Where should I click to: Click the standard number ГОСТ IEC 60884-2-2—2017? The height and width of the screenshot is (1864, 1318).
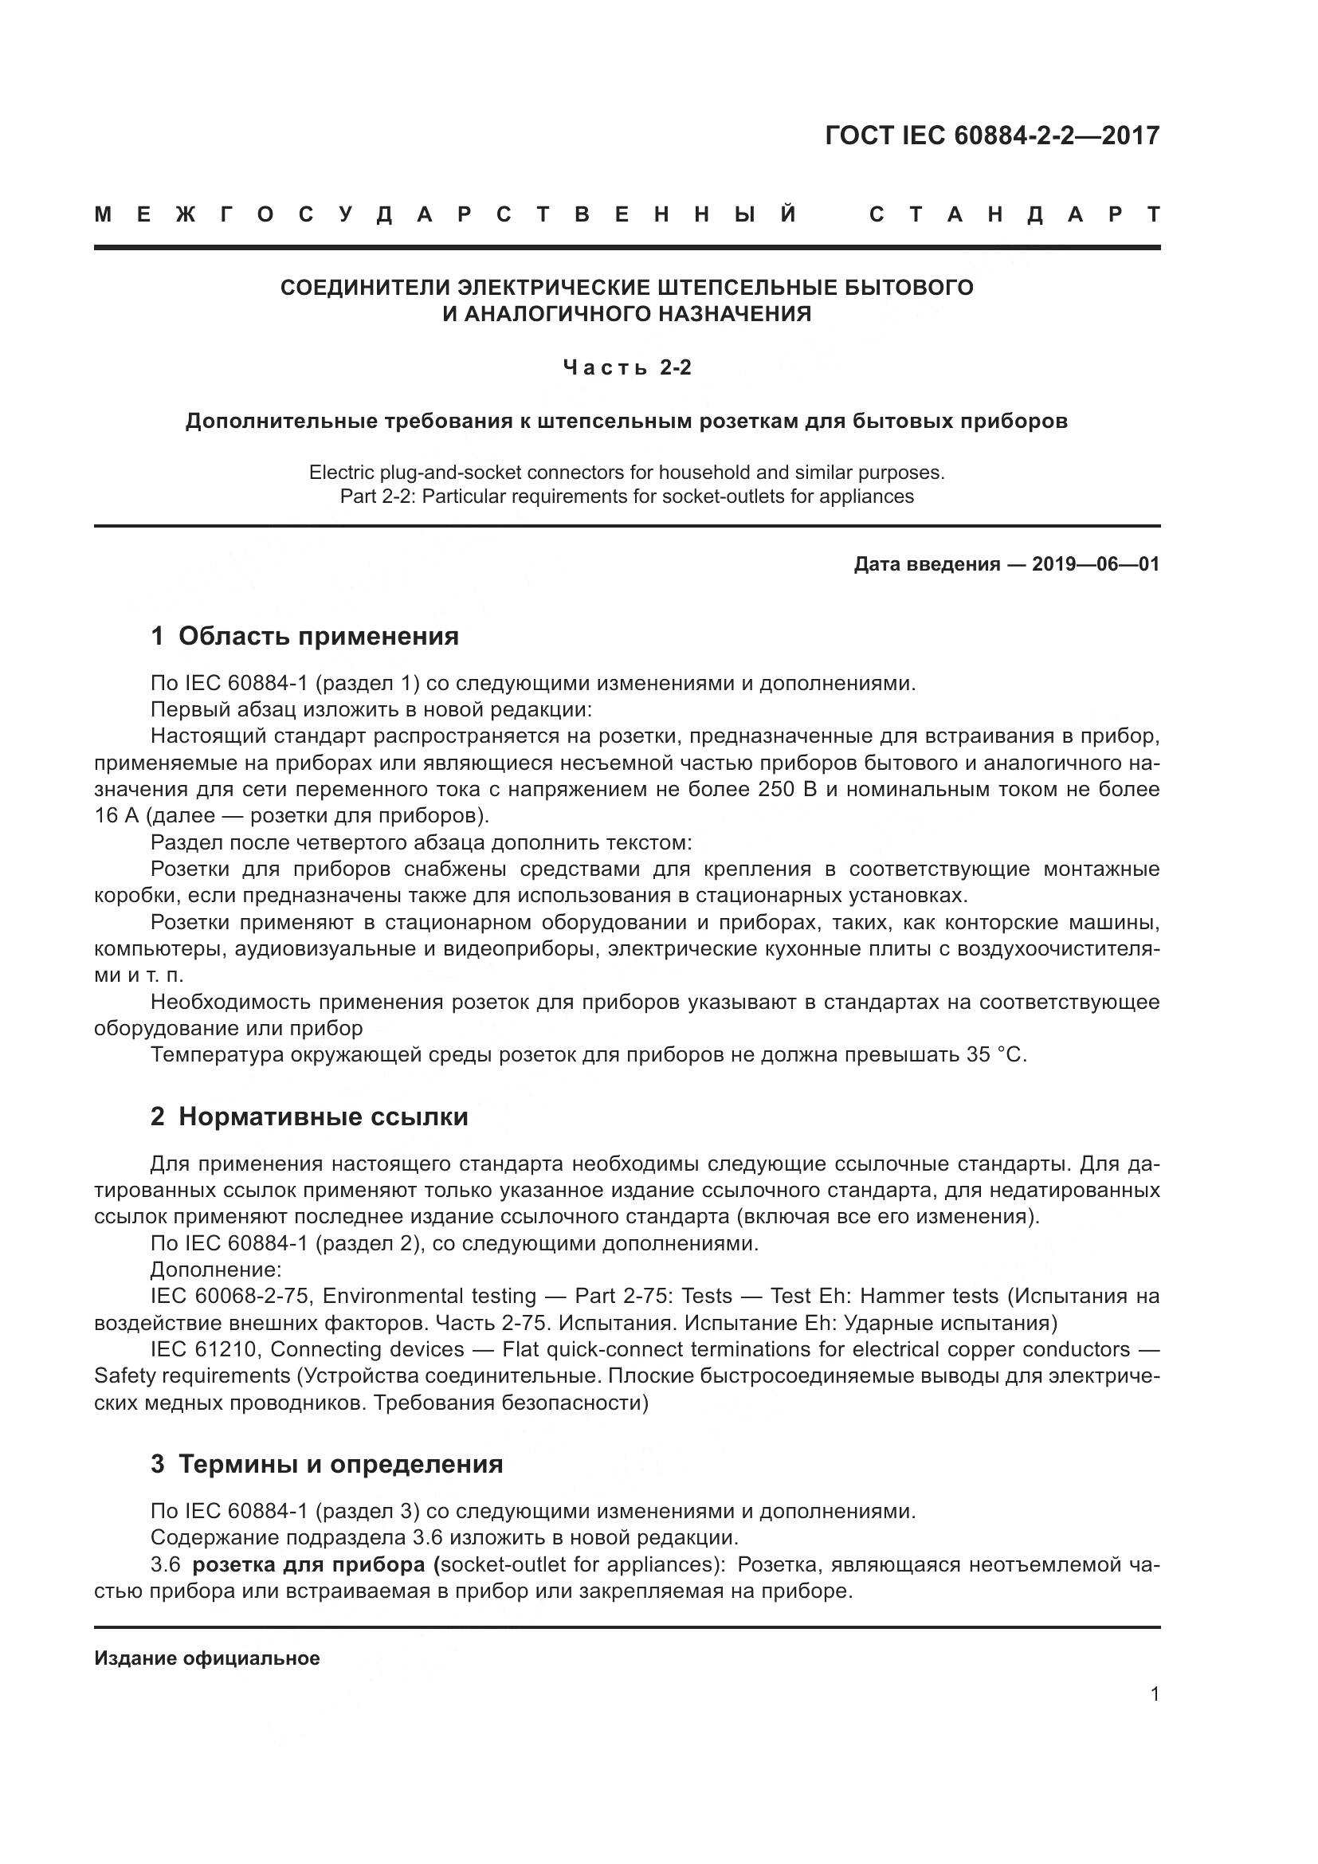tap(992, 135)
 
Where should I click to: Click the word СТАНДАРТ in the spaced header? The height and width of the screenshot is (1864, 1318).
tap(1014, 214)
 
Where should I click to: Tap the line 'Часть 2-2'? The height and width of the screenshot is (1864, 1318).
tap(627, 367)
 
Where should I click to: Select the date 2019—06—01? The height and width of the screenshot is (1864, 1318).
tap(1096, 564)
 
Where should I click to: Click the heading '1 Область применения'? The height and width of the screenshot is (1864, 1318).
tap(305, 636)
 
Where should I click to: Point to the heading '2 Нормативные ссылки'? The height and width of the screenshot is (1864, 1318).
tap(309, 1116)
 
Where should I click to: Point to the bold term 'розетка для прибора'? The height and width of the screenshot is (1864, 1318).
tap(312, 1564)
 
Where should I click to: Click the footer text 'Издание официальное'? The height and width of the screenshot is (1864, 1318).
tap(207, 1658)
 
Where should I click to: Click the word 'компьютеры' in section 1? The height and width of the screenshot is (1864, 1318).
tap(160, 948)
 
